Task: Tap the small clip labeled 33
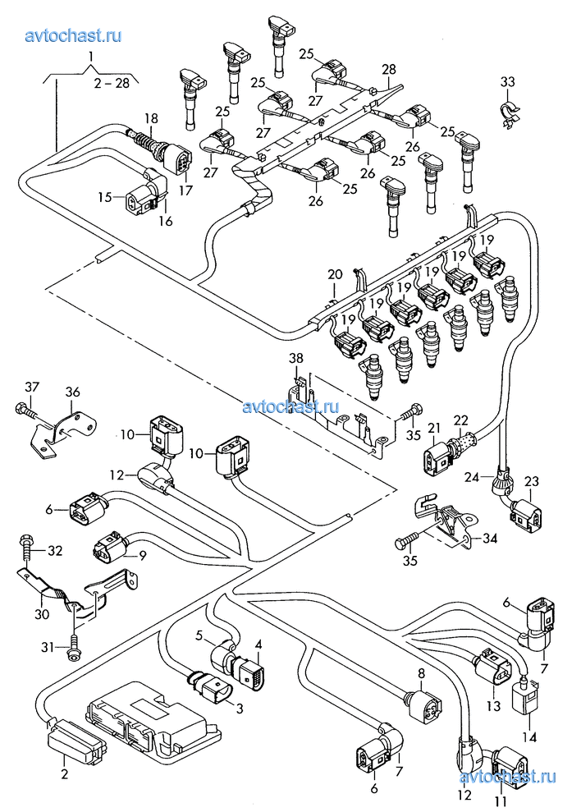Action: pos(510,111)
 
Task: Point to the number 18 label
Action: pos(151,119)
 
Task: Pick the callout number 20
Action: pos(334,274)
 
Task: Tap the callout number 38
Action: pos(295,358)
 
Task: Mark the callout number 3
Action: pos(240,707)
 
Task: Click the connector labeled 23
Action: pos(522,514)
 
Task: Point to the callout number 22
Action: pos(460,420)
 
